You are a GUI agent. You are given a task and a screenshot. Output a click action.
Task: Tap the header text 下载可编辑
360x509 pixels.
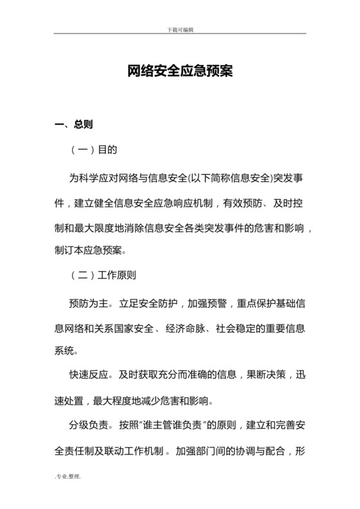(180, 30)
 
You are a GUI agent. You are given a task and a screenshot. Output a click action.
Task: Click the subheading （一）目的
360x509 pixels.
(94, 150)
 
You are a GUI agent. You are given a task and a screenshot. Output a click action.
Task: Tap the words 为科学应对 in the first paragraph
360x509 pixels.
(94, 175)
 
